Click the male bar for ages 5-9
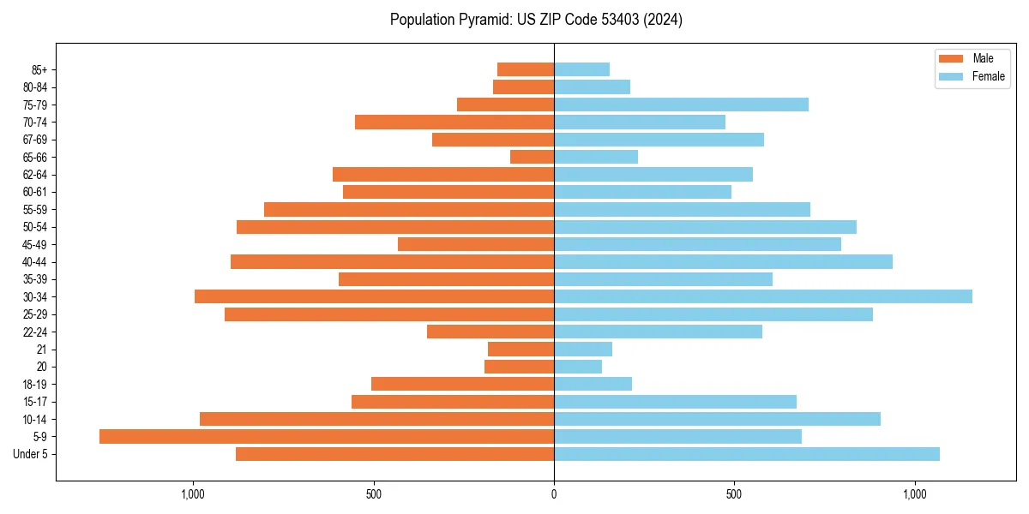pos(327,437)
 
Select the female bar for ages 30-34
pos(763,296)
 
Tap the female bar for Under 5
pos(747,454)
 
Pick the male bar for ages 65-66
pos(532,157)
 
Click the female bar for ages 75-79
pos(682,105)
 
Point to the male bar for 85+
pos(526,69)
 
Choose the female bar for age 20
pos(578,367)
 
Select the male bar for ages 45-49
pos(476,244)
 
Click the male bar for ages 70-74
pos(454,122)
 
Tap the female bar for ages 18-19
pos(593,384)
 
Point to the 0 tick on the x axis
pos(554,494)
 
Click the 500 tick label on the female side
pos(734,494)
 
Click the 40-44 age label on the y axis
pos(35,262)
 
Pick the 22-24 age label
pos(35,332)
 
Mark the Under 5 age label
pos(31,454)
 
